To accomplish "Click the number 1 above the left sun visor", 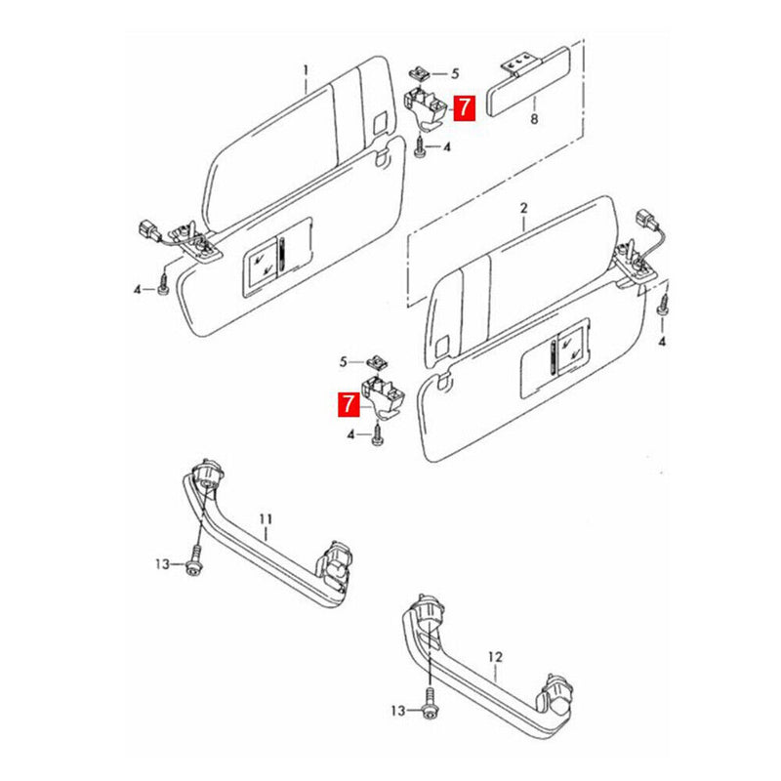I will (x=305, y=70).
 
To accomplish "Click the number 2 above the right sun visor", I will (x=523, y=209).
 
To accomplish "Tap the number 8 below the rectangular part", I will (x=534, y=119).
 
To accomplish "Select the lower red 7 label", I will (x=348, y=403).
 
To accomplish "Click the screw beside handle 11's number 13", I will (x=193, y=564).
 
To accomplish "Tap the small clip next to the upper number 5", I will (x=420, y=73).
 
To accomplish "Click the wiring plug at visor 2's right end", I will (x=645, y=220).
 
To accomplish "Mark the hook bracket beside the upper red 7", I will (x=426, y=105).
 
